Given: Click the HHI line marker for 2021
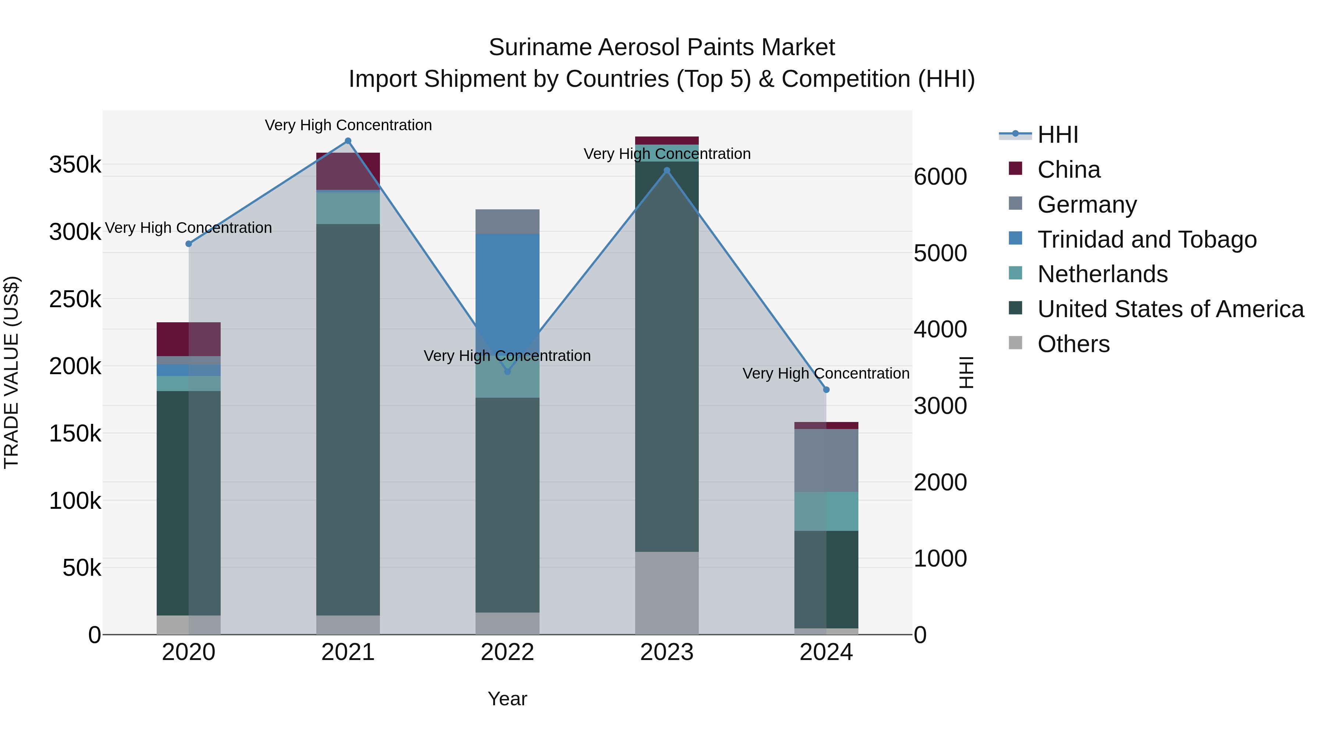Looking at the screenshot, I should coord(348,141).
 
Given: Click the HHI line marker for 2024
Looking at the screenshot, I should coord(826,390).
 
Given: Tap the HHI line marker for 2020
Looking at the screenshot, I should coord(189,244).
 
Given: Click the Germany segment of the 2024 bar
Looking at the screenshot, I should coord(826,460).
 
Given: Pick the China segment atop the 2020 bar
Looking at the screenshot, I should coord(189,339).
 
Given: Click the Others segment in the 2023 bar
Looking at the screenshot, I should coord(667,592).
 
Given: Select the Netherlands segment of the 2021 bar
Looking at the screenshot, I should coord(348,208).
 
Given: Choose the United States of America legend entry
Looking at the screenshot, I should coord(1170,309).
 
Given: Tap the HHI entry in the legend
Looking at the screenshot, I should coord(1057,135).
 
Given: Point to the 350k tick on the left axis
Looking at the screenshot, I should coord(75,165).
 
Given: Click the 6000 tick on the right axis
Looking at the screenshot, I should coord(940,177).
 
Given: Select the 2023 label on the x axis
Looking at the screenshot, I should coord(667,652).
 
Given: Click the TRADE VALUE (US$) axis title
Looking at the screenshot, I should coord(11,372).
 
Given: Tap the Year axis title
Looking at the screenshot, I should coord(507,699).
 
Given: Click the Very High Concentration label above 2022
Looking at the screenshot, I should coord(507,356).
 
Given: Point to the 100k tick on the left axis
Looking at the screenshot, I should coord(75,501).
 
